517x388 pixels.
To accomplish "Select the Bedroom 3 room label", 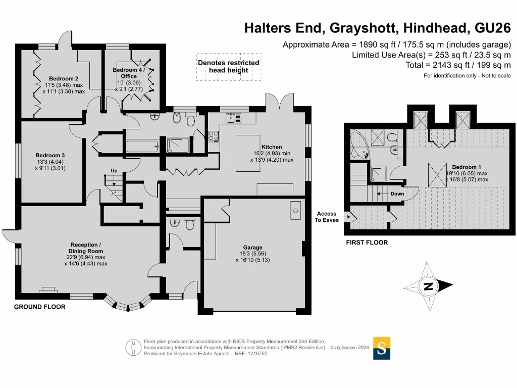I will point(50,162).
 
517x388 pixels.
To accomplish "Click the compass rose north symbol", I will point(428,287).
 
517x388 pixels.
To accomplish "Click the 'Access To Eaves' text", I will point(327,217).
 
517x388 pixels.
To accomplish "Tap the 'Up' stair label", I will point(114,171).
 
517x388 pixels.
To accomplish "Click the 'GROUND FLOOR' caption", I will point(39,307).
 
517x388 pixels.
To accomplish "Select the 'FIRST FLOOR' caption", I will point(367,243).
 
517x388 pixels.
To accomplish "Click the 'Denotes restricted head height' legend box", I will point(229,67).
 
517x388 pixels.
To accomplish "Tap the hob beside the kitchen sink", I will point(213,135).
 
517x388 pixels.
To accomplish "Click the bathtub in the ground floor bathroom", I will point(142,147).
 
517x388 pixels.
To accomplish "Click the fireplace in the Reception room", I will point(48,289).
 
